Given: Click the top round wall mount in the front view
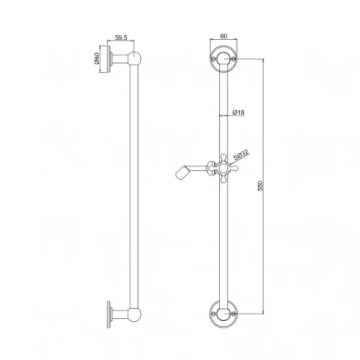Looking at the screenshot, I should [x=223, y=58].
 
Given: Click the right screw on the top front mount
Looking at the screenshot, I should [x=234, y=58].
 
